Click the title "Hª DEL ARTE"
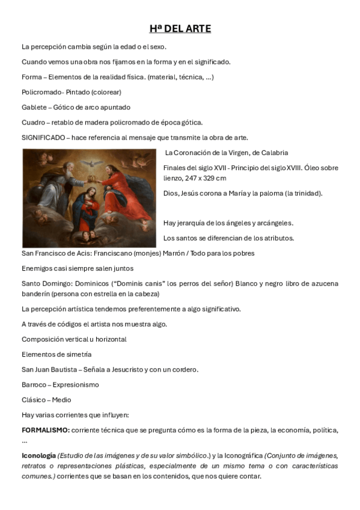180,28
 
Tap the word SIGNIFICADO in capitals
43,138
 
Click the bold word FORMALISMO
46,430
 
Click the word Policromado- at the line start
42,92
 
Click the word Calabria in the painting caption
272,153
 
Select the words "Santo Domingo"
44,283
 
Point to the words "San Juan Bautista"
49,369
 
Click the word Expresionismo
76,385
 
